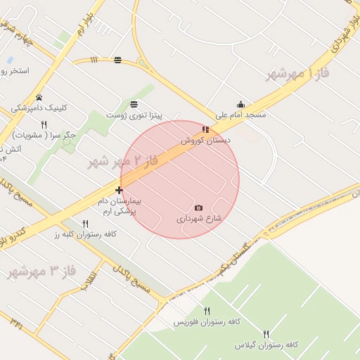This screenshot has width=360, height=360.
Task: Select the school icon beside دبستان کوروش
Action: coord(205,129)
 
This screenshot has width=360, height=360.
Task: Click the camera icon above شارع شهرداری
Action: coord(198,208)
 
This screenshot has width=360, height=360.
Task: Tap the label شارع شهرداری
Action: coord(199,219)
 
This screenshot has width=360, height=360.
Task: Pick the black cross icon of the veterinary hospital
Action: coord(119,190)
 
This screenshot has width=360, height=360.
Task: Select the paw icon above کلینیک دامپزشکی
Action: coord(39,98)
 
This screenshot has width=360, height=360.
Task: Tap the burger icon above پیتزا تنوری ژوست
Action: coord(134,104)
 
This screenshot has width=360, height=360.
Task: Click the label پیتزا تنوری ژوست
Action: coord(134,115)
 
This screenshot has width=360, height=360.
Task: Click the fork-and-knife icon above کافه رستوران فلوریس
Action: coord(207,311)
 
